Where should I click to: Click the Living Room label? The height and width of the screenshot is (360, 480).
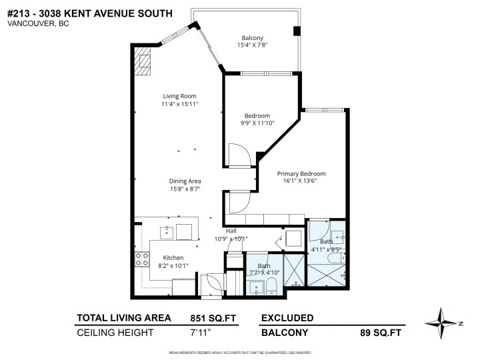pyautogui.click(x=179, y=96)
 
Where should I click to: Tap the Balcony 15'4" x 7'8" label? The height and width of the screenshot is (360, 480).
pyautogui.click(x=252, y=37)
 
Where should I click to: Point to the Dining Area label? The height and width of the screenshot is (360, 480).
pyautogui.click(x=185, y=181)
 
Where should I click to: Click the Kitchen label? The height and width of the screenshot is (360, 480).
pyautogui.click(x=173, y=257)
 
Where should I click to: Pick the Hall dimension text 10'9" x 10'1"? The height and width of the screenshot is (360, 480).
pyautogui.click(x=231, y=239)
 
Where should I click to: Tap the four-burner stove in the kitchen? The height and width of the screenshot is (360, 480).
pyautogui.click(x=142, y=259)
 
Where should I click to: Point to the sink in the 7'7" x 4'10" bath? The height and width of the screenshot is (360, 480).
pyautogui.click(x=255, y=287)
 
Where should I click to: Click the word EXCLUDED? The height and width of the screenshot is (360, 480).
pyautogui.click(x=287, y=317)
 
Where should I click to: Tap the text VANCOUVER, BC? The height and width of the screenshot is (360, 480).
pyautogui.click(x=38, y=23)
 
